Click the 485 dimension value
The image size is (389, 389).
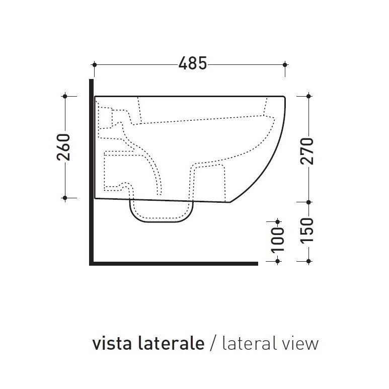click(192, 64)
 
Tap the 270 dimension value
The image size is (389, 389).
click(307, 150)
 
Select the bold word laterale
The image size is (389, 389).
click(168, 344)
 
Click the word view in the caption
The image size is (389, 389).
click(300, 344)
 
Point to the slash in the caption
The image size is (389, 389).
click(213, 345)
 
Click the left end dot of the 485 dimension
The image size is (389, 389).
click(95, 64)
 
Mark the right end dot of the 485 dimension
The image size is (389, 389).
click(285, 64)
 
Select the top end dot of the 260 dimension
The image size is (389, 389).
click(65, 96)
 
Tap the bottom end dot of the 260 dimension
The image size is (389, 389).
click(65, 198)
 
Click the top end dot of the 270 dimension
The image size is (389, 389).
click(307, 96)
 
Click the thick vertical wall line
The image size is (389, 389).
click(91, 171)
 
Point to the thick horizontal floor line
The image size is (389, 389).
click(174, 263)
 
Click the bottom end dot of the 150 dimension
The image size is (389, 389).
click(307, 261)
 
